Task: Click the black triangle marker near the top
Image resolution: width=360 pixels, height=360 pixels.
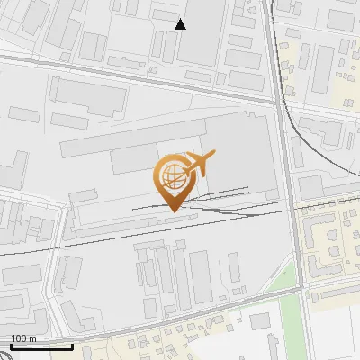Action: coord(180,24)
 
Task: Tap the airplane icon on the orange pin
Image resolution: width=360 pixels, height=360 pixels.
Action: coord(199,163)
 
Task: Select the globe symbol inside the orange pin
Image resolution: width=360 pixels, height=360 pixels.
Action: coord(171,175)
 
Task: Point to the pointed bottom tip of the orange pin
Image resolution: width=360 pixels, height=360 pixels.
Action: coord(172,211)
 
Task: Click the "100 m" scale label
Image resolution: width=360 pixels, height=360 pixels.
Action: coord(23,338)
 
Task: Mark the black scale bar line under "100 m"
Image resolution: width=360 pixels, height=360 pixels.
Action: coord(41,346)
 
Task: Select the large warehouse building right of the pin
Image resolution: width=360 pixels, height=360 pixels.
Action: coord(238,153)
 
